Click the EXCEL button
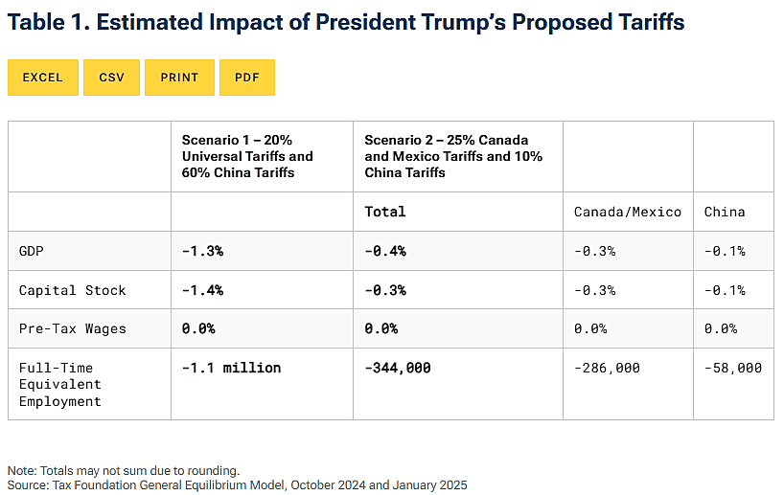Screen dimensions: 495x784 pos(42,78)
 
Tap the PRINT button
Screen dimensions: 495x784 pos(179,78)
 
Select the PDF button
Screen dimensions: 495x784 pos(247,78)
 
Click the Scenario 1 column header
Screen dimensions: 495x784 pos(247,156)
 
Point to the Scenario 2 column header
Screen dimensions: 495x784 pos(452,156)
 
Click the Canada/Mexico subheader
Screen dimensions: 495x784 pos(627,212)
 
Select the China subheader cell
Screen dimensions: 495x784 pos(724,212)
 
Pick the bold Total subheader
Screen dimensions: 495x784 pos(385,212)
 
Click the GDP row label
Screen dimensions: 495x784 pos(31,251)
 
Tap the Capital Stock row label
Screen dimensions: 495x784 pos(72,290)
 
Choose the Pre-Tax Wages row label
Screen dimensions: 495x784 pos(72,328)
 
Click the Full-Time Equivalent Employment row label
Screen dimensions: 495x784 pos(59,384)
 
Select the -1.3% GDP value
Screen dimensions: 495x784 pos(202,251)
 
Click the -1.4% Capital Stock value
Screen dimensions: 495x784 pos(202,290)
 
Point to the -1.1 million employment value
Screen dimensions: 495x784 pos(231,368)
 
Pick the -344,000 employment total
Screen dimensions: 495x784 pos(398,368)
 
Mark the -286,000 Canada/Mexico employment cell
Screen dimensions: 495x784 pos(607,368)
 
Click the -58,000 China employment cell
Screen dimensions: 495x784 pos(733,368)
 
